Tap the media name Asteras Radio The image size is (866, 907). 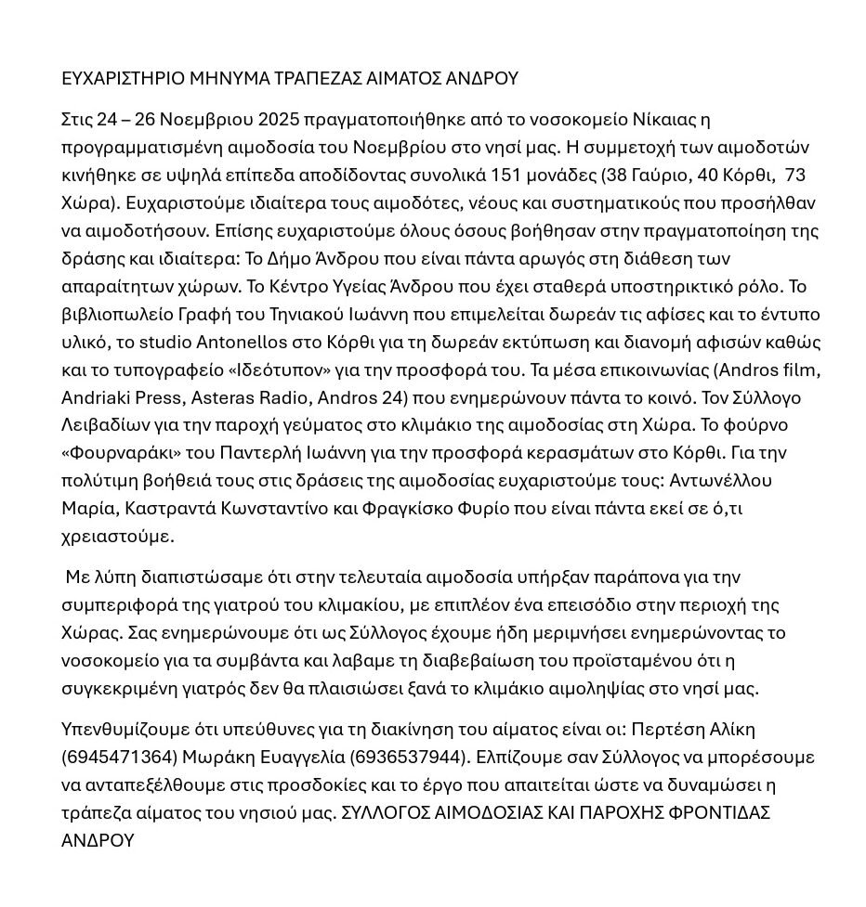tap(248, 398)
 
